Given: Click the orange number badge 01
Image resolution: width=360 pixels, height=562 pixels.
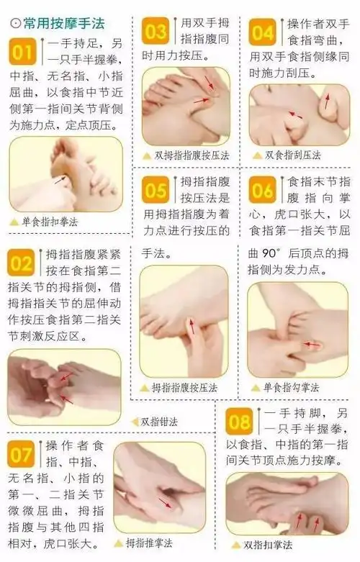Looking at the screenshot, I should (x=22, y=52).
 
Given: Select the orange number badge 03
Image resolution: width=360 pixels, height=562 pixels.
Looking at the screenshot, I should (x=156, y=32).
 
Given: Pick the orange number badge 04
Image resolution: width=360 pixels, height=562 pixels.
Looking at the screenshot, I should (x=261, y=32).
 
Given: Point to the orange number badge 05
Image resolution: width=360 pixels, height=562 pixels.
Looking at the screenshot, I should (x=156, y=190).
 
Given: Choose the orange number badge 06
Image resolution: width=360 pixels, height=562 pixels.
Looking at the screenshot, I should (x=261, y=190).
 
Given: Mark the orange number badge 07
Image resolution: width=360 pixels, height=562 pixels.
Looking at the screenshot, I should (x=22, y=454).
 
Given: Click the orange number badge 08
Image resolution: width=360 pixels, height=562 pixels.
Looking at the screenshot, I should (x=239, y=421).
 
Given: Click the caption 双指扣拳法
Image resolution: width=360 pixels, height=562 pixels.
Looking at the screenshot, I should (x=269, y=545).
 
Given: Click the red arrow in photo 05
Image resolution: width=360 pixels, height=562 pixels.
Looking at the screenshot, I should (x=192, y=327).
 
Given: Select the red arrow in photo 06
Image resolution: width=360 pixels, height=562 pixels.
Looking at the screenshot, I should (x=310, y=345).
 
